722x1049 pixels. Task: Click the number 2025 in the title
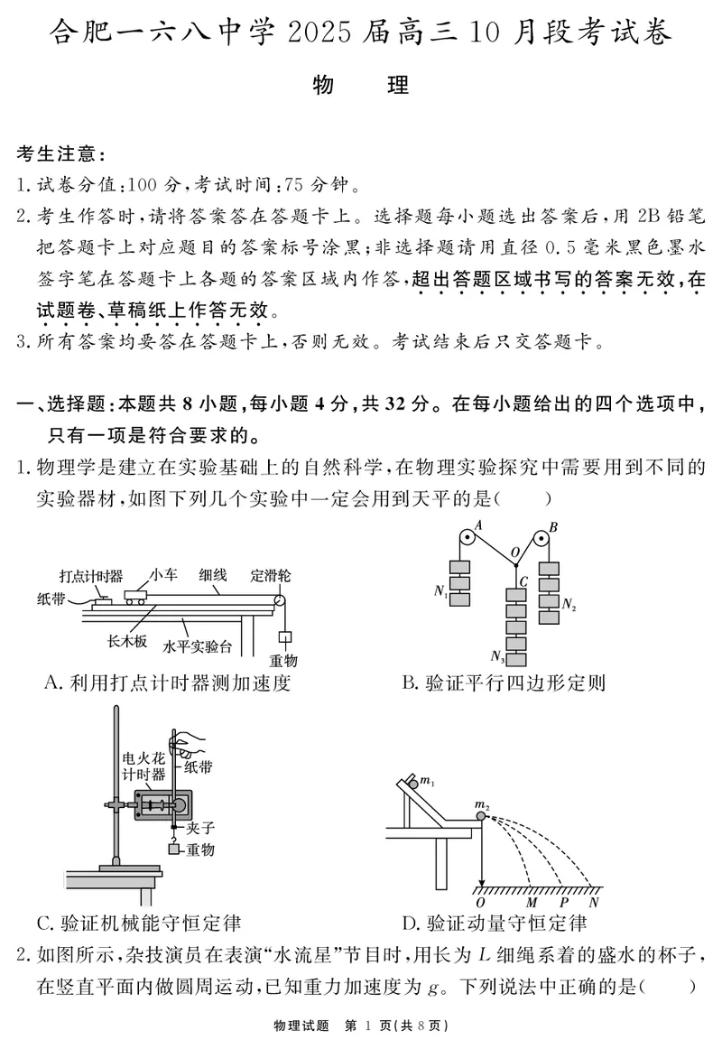pyautogui.click(x=326, y=34)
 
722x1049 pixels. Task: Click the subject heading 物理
pyautogui.click(x=360, y=86)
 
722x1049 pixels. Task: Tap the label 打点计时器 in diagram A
pyautogui.click(x=91, y=576)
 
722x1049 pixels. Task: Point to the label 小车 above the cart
pyautogui.click(x=163, y=573)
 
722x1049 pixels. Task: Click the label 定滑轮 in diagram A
pyautogui.click(x=271, y=575)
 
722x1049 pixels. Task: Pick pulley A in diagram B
pyautogui.click(x=467, y=539)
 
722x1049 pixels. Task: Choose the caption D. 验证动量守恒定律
pyautogui.click(x=494, y=923)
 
